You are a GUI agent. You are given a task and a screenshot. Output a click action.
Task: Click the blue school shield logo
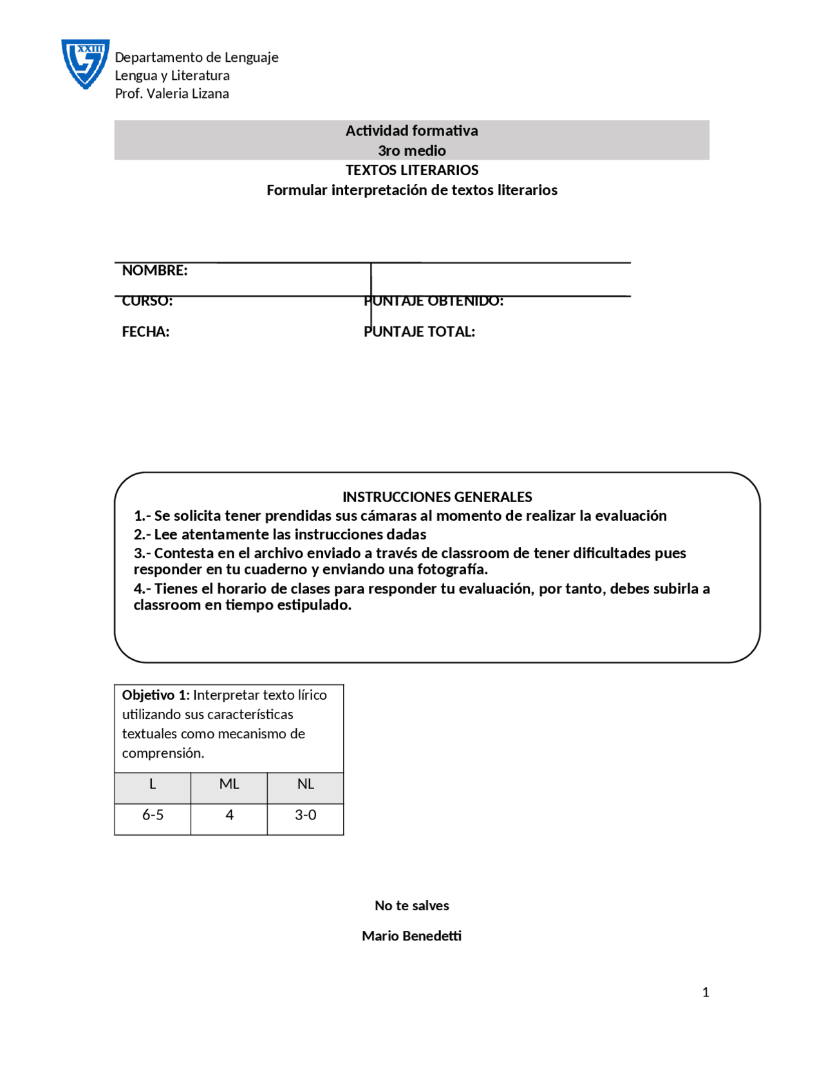(x=85, y=64)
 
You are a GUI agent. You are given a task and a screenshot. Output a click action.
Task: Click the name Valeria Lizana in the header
(x=187, y=93)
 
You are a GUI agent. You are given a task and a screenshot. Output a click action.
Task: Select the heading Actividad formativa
(x=411, y=131)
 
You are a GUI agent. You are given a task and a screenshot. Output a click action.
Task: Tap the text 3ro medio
(x=411, y=151)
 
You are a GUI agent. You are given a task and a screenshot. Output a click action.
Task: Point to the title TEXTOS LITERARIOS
(x=411, y=170)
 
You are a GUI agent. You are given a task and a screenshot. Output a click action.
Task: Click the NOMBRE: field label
(x=154, y=270)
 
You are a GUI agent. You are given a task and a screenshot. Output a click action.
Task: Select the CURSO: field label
(x=147, y=301)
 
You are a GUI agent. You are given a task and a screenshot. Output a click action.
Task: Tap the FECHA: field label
(x=145, y=332)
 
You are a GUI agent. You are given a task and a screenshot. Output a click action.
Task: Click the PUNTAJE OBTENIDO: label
(x=433, y=301)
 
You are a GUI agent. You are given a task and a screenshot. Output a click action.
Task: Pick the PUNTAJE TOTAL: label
(x=419, y=332)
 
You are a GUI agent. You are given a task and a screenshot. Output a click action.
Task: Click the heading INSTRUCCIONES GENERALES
(x=436, y=497)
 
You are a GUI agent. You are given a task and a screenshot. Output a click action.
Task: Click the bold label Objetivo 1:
(x=155, y=695)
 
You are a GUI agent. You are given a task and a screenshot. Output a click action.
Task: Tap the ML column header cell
(x=229, y=784)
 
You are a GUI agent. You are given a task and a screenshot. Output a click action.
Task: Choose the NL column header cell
(x=305, y=784)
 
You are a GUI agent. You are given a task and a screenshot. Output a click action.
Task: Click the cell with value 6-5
(x=153, y=815)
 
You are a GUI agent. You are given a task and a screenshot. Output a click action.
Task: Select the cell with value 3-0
(x=305, y=815)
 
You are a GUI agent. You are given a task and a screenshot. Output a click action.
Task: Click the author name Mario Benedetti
(x=411, y=936)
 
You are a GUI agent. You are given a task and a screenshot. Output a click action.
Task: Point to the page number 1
(x=706, y=993)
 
